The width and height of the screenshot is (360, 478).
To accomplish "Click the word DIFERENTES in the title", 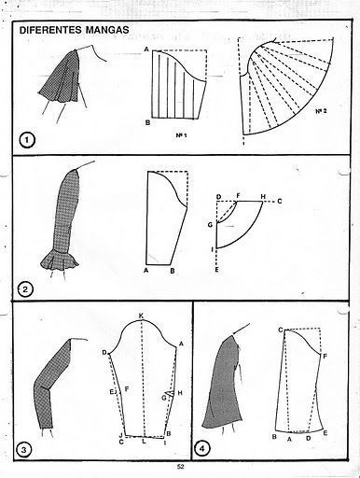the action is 50,30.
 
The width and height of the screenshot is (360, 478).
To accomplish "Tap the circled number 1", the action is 27,140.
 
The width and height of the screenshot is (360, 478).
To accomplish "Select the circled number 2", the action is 25,289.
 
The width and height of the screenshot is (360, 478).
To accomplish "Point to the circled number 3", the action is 23,449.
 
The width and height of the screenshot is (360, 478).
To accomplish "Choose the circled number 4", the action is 202,449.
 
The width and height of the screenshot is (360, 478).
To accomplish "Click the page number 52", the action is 181,467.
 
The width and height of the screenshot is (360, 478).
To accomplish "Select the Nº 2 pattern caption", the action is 322,111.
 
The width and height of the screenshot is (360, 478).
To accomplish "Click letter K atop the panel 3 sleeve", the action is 141,316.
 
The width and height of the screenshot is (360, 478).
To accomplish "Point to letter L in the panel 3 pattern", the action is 144,441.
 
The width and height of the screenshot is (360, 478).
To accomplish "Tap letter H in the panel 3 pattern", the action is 179,393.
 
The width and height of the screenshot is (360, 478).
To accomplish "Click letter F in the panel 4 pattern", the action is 325,356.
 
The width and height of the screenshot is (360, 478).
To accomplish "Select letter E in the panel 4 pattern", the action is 325,432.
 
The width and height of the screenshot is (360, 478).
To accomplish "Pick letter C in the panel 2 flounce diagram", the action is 280,202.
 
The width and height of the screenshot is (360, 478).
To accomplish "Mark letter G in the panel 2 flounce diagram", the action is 210,224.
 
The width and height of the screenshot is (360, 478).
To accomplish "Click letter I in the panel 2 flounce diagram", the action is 213,249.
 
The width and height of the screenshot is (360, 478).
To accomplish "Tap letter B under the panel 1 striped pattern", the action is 148,122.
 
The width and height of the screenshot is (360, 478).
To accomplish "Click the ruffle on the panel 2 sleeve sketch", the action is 60,260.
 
